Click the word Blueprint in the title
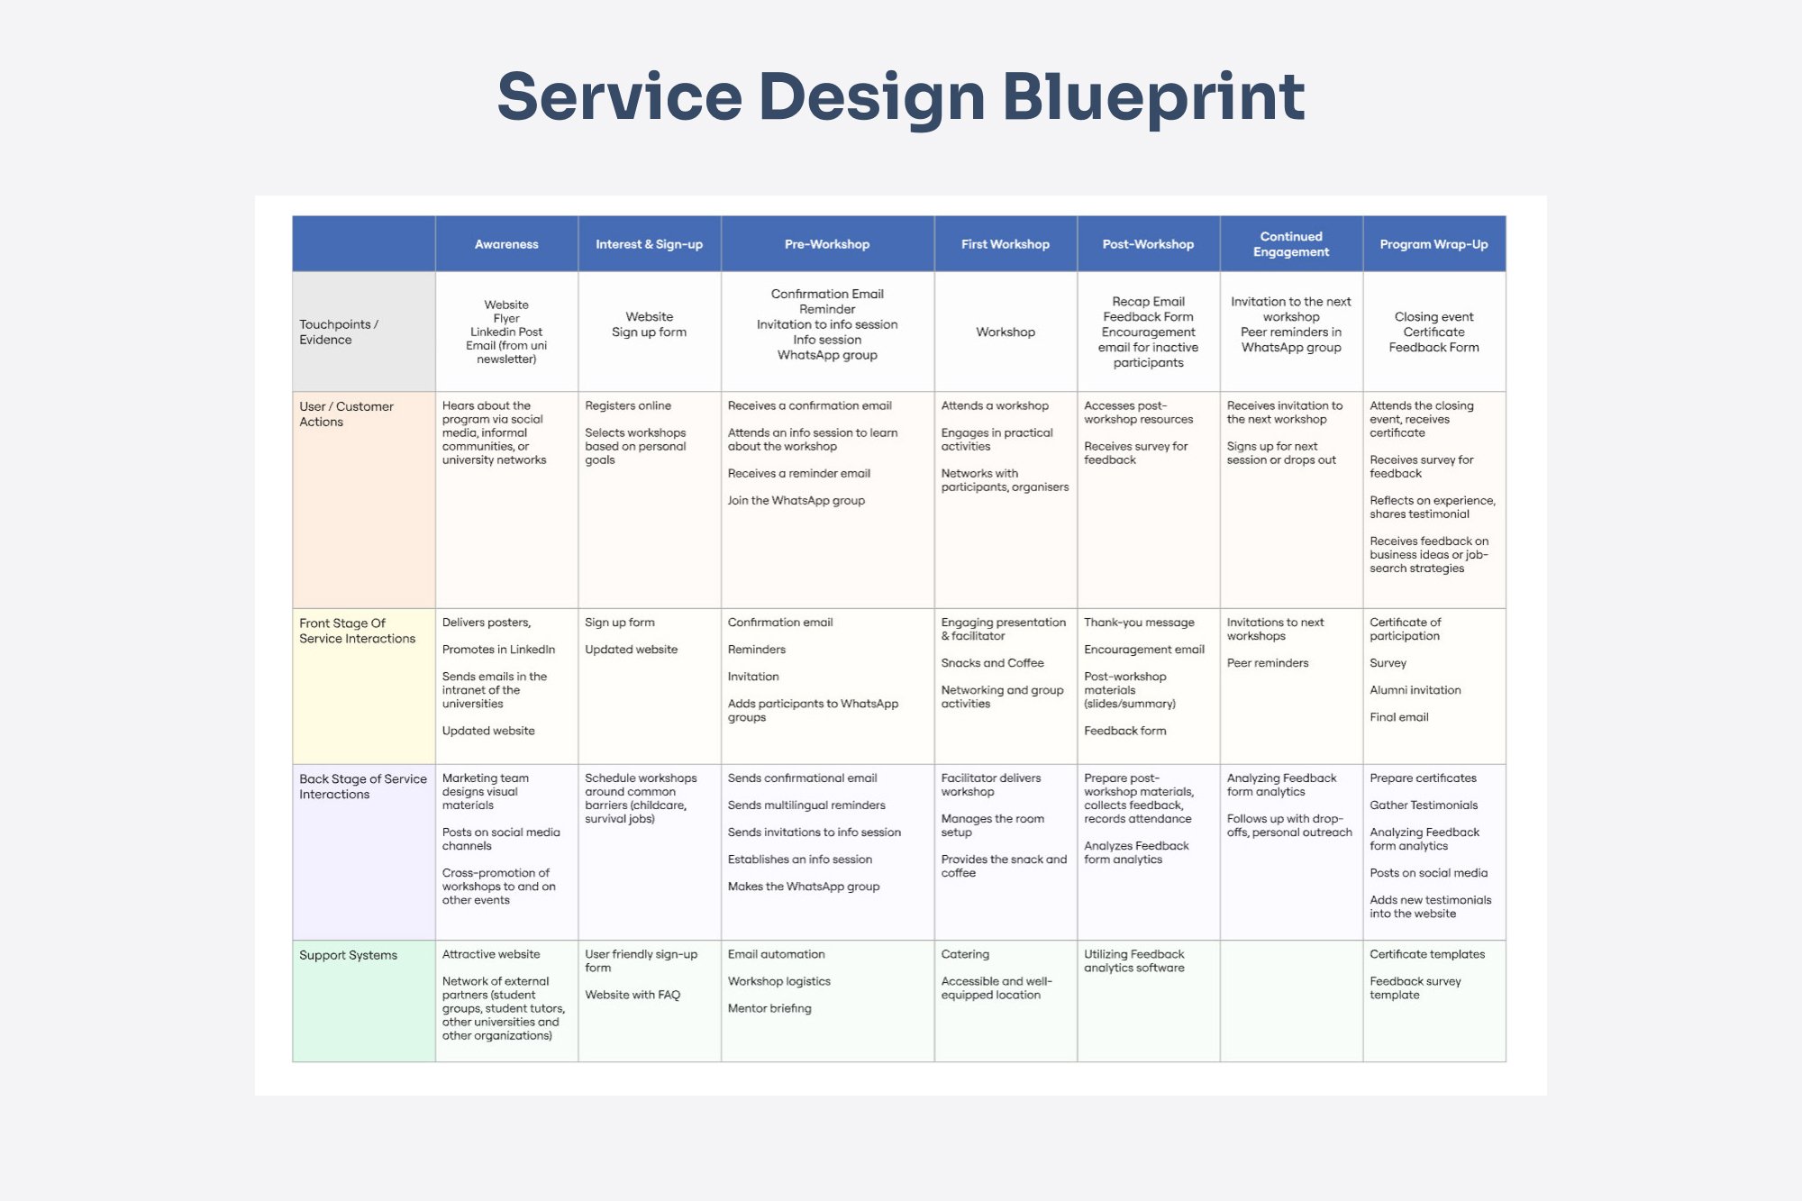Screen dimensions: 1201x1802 1153,97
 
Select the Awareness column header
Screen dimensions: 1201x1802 506,244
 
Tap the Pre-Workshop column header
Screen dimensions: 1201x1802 826,244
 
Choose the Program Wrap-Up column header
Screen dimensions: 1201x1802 1433,244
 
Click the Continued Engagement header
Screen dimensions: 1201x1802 1290,244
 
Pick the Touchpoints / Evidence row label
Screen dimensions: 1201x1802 339,332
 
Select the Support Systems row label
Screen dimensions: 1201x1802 348,955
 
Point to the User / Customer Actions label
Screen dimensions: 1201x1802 346,414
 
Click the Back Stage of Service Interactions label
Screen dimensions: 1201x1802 362,787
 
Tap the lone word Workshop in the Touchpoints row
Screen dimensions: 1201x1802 1005,332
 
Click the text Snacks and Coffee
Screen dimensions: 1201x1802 992,663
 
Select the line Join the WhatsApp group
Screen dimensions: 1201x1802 796,501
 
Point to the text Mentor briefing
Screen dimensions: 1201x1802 769,1009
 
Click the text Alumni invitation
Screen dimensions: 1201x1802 1415,690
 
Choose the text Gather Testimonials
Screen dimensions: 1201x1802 1424,805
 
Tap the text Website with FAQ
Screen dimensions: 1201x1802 633,996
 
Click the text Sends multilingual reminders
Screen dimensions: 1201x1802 806,805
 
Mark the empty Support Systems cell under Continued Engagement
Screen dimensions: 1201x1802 1290,1000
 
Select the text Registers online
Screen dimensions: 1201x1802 628,406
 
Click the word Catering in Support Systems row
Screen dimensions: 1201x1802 965,955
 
